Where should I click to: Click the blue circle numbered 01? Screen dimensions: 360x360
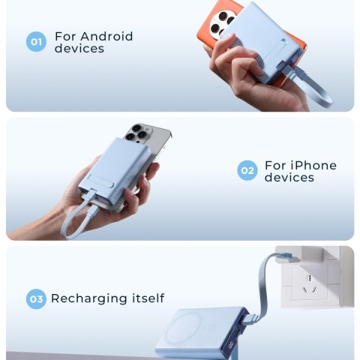pos(36,41)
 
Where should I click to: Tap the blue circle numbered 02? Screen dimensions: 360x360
pos(247,170)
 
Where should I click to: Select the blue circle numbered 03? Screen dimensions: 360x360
pos(36,299)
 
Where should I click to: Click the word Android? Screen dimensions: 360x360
pos(106,37)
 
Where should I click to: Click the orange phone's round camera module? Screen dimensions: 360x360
pos(221,23)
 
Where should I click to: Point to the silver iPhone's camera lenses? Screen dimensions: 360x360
pos(137,133)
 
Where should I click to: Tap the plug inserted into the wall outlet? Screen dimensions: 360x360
pos(286,257)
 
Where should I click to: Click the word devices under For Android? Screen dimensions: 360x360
pos(79,48)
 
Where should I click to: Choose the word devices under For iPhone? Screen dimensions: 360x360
pos(289,177)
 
